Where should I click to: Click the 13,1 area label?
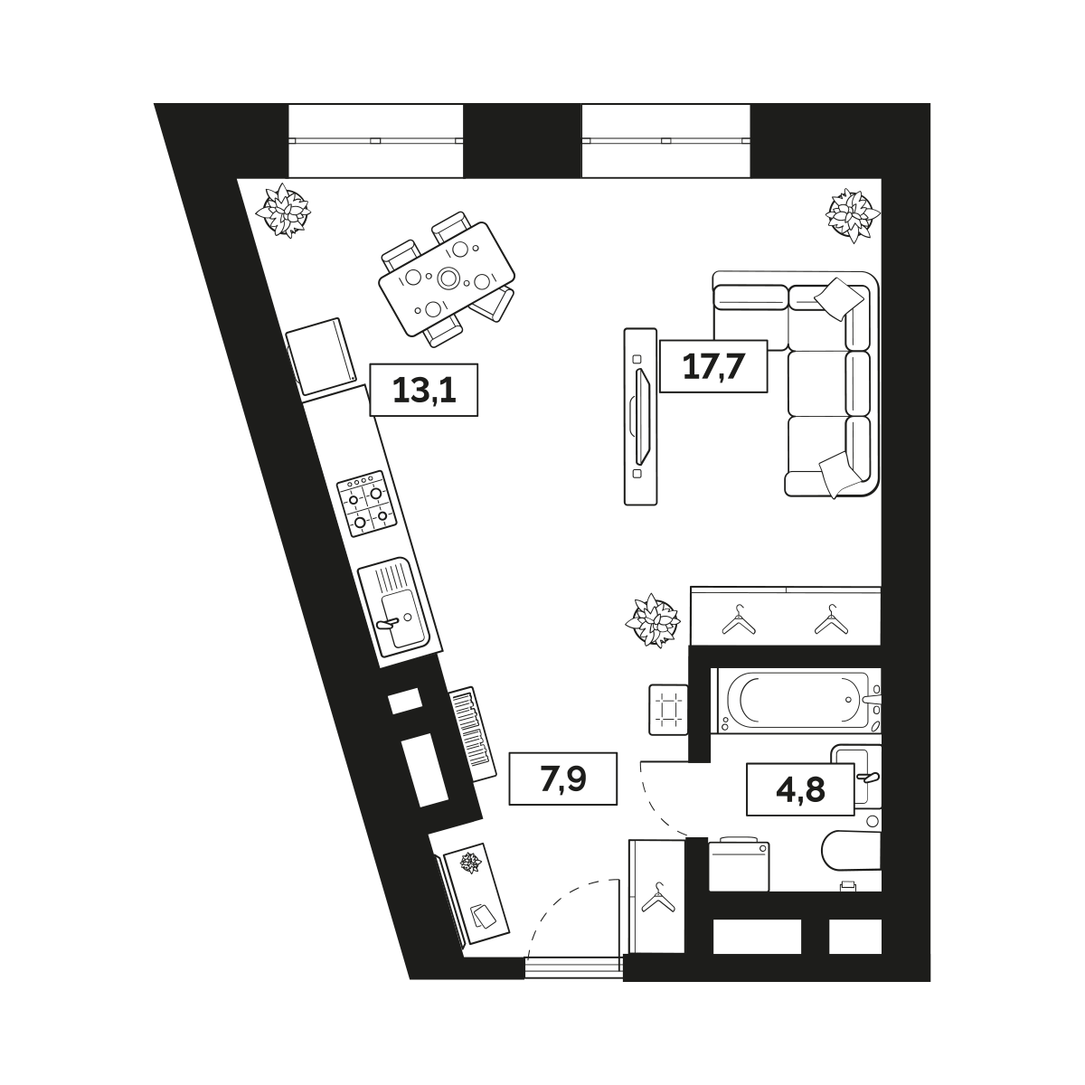423,391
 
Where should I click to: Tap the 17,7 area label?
713,366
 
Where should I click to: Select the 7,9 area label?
563,778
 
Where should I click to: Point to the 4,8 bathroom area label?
800,789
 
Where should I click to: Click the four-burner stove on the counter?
366,504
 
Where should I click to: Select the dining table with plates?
447,279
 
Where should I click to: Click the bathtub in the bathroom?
797,701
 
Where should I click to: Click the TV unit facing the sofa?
641,417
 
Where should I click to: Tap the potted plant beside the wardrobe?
653,620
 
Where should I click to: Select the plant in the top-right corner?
853,215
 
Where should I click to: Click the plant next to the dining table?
283,211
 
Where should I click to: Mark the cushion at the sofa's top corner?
839,299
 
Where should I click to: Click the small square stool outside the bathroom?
668,710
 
